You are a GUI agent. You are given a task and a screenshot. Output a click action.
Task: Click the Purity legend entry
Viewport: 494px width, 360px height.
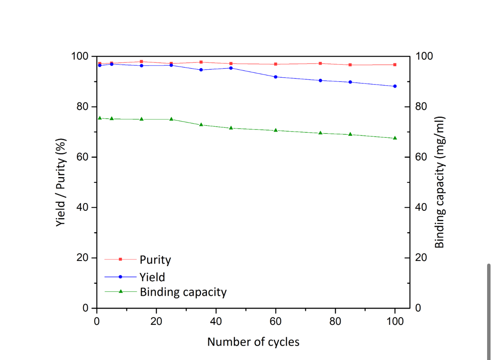[155, 260]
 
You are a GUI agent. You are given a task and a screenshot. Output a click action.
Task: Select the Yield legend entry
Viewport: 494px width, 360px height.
[152, 277]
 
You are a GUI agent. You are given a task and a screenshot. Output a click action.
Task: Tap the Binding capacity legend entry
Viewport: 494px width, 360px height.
[183, 292]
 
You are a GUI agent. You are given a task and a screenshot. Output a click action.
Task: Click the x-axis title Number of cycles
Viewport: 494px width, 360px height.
[253, 342]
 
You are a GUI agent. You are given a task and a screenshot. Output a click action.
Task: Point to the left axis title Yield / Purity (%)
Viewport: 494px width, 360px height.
[61, 182]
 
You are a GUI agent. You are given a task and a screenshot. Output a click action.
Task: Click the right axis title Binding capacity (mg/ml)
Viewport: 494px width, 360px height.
[440, 182]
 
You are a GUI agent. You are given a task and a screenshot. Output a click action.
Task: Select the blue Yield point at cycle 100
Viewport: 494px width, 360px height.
[395, 86]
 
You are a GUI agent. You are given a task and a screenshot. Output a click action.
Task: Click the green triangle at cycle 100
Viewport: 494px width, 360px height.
[395, 138]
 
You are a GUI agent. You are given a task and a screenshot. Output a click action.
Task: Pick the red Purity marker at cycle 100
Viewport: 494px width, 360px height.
[395, 65]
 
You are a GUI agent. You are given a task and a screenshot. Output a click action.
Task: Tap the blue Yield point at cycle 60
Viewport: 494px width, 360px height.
[275, 77]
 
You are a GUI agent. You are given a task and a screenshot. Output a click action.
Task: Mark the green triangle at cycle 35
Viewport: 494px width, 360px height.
[201, 125]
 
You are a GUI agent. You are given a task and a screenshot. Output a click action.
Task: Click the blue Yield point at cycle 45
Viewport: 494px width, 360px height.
[231, 68]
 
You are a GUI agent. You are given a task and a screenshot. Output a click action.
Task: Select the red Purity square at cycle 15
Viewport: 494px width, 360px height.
[141, 62]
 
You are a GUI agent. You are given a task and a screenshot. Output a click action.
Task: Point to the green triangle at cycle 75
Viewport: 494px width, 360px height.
[320, 133]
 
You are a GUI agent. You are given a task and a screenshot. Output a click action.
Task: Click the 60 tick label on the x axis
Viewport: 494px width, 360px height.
[275, 321]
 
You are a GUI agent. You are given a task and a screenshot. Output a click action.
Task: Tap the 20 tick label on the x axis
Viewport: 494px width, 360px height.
[156, 321]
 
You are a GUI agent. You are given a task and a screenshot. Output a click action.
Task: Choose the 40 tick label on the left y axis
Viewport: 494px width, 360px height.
[82, 207]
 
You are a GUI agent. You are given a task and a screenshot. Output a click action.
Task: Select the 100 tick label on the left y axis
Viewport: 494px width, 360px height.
[80, 56]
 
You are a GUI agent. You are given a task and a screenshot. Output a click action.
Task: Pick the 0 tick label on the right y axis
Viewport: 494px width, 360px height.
[418, 308]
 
